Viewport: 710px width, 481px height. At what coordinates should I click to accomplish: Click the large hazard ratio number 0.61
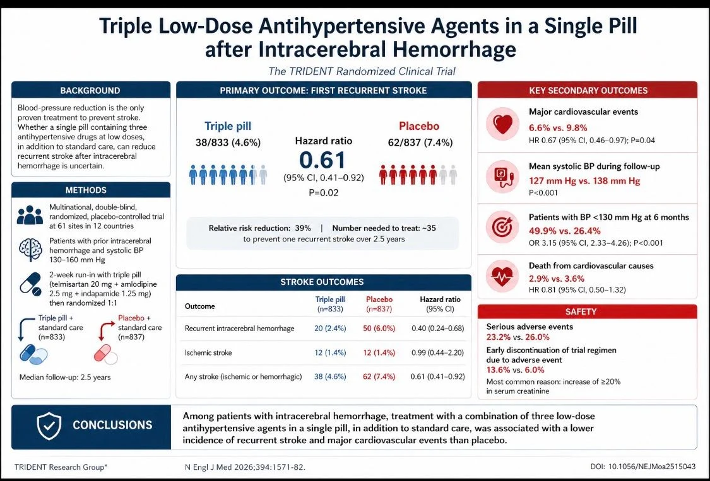coord(323,160)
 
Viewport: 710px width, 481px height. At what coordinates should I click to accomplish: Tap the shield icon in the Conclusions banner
coord(49,426)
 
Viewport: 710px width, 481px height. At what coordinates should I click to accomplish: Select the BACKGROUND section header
coord(90,90)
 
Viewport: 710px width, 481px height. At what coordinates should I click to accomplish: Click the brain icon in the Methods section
coord(30,248)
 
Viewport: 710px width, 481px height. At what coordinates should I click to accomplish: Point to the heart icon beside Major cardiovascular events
coord(503,124)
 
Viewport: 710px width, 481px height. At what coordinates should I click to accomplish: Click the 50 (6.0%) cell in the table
coord(380,328)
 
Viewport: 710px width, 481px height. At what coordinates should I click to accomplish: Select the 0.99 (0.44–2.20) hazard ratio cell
coord(441,352)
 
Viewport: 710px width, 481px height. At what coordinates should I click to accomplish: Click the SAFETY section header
coord(587,311)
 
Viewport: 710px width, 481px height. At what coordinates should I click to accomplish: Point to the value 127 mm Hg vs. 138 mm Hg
coord(584,181)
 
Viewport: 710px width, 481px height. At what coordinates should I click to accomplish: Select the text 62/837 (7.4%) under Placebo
coord(420,142)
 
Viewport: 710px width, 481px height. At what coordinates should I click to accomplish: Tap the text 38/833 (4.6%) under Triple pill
coord(228,142)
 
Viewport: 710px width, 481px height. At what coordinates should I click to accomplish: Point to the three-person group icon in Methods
coord(30,214)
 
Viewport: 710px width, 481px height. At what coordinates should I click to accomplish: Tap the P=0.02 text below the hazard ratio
coord(323,192)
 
